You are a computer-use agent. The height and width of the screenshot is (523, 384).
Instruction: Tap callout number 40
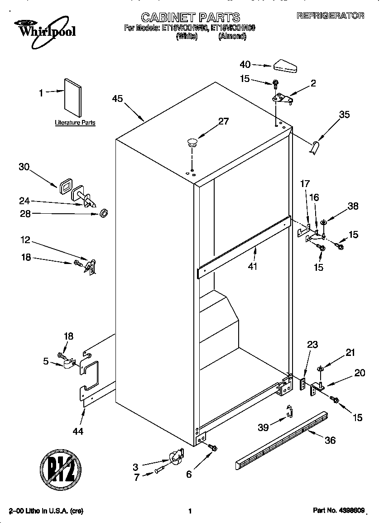pyautogui.click(x=245, y=65)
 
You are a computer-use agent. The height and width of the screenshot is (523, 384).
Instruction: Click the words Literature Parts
pyautogui.click(x=75, y=123)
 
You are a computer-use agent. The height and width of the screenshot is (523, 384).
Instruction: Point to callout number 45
pyautogui.click(x=117, y=99)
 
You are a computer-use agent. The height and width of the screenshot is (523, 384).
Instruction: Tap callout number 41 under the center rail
pyautogui.click(x=252, y=266)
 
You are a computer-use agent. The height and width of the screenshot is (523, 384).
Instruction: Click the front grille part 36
pyautogui.click(x=281, y=439)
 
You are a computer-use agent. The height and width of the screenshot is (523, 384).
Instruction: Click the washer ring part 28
pyautogui.click(x=104, y=212)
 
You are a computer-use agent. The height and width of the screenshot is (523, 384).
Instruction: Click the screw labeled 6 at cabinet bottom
pyautogui.click(x=212, y=447)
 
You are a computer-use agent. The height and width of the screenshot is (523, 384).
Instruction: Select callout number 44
pyautogui.click(x=78, y=432)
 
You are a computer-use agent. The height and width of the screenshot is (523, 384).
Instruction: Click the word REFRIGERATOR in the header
pyautogui.click(x=330, y=16)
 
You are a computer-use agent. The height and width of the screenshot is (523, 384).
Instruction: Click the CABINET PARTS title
pyautogui.click(x=190, y=18)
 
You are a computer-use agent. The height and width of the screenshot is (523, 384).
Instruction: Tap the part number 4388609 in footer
pyautogui.click(x=351, y=510)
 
